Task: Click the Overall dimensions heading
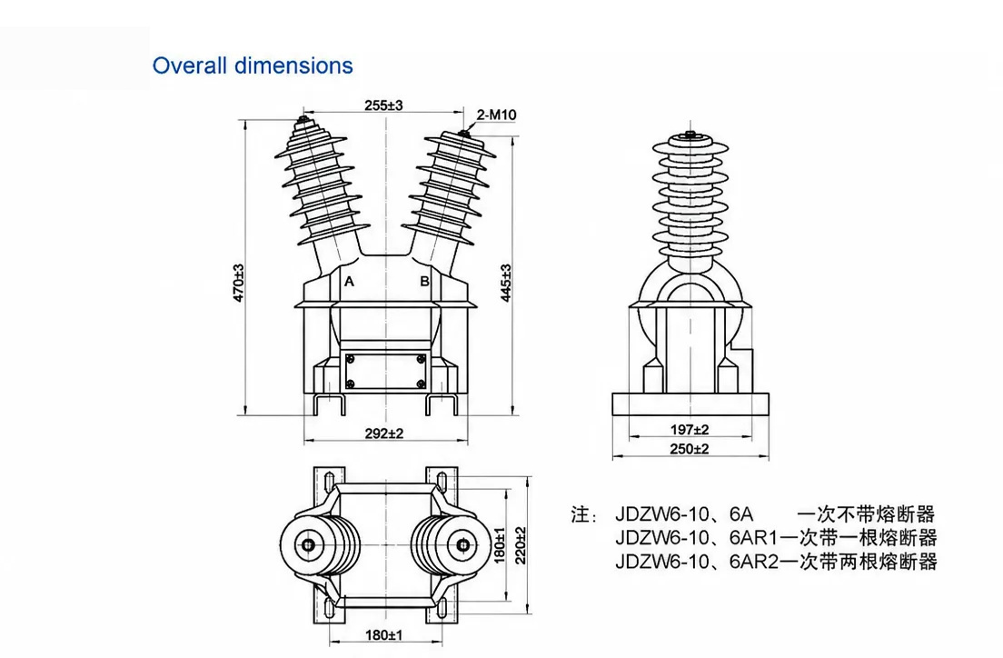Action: (x=253, y=65)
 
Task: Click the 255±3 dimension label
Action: (x=383, y=105)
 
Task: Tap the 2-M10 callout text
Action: (x=496, y=115)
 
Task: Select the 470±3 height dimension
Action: (x=239, y=283)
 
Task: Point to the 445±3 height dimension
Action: (x=505, y=283)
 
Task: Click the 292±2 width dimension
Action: (x=384, y=434)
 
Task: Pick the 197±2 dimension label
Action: (x=690, y=430)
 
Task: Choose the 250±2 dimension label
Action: (x=690, y=449)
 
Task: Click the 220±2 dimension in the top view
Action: (x=521, y=545)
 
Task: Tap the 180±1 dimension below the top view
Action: (x=384, y=635)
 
